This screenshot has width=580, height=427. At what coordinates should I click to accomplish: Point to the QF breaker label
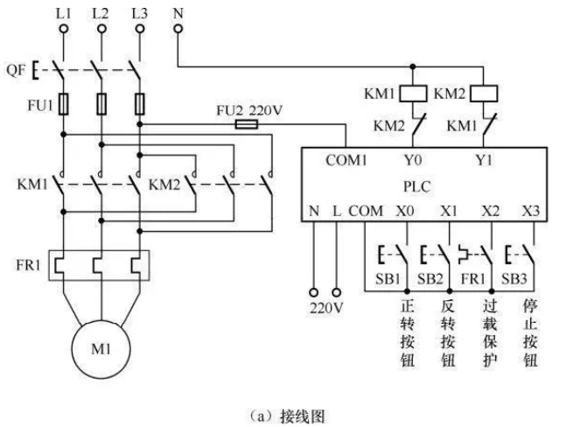tap(17, 66)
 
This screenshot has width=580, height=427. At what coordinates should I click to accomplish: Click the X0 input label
tap(405, 211)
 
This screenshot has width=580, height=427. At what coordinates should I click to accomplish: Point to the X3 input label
tap(532, 211)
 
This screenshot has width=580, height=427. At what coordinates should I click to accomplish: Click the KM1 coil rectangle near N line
tap(411, 92)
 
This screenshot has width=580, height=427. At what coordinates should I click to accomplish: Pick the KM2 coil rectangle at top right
tap(484, 92)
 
